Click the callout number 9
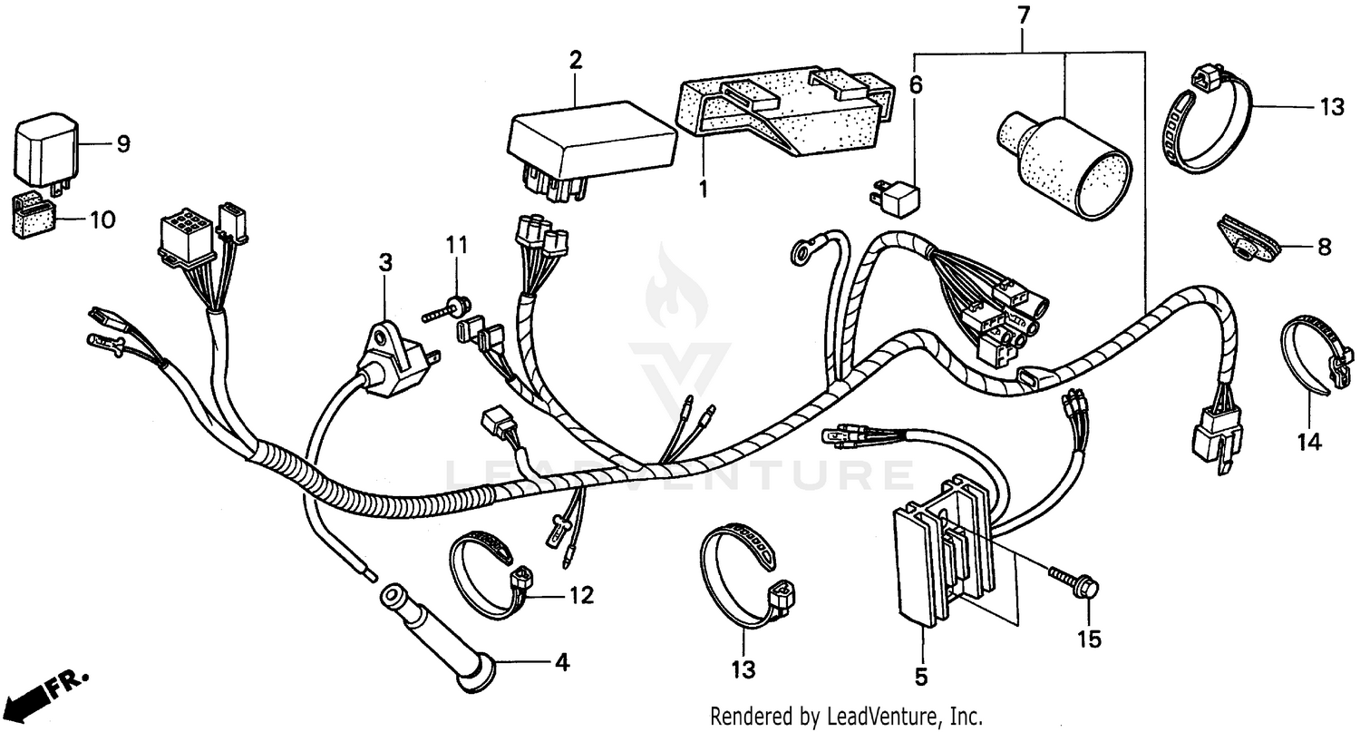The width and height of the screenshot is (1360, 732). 123,143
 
